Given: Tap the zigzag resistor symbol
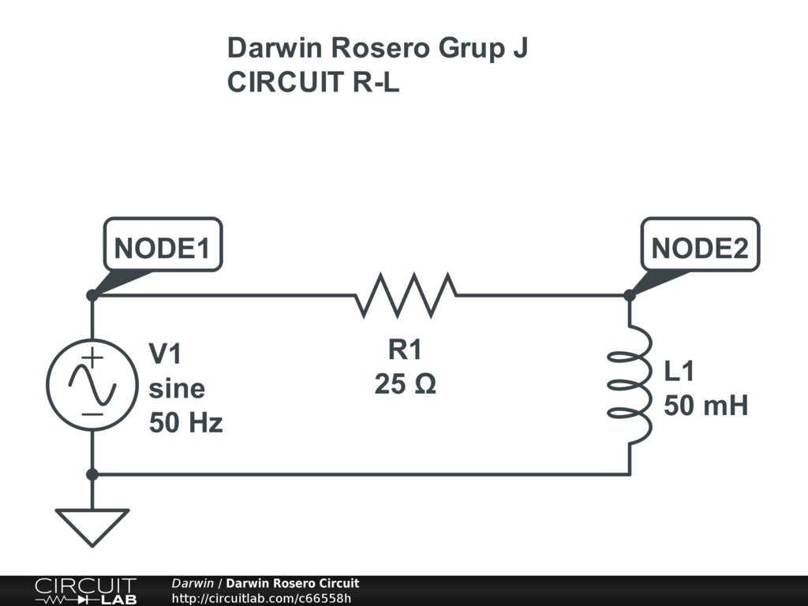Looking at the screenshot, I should (406, 296).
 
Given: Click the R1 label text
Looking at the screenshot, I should (405, 350).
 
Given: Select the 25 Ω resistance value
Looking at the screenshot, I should (405, 386).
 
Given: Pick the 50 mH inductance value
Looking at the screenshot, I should (705, 406).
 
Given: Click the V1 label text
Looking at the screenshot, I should (166, 354).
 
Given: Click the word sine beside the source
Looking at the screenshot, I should (177, 389).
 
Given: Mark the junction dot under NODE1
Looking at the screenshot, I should (92, 295).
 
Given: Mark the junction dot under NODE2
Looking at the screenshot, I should (630, 296).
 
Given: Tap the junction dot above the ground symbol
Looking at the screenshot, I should (92, 474).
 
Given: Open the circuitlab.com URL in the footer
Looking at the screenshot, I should (261, 598).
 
